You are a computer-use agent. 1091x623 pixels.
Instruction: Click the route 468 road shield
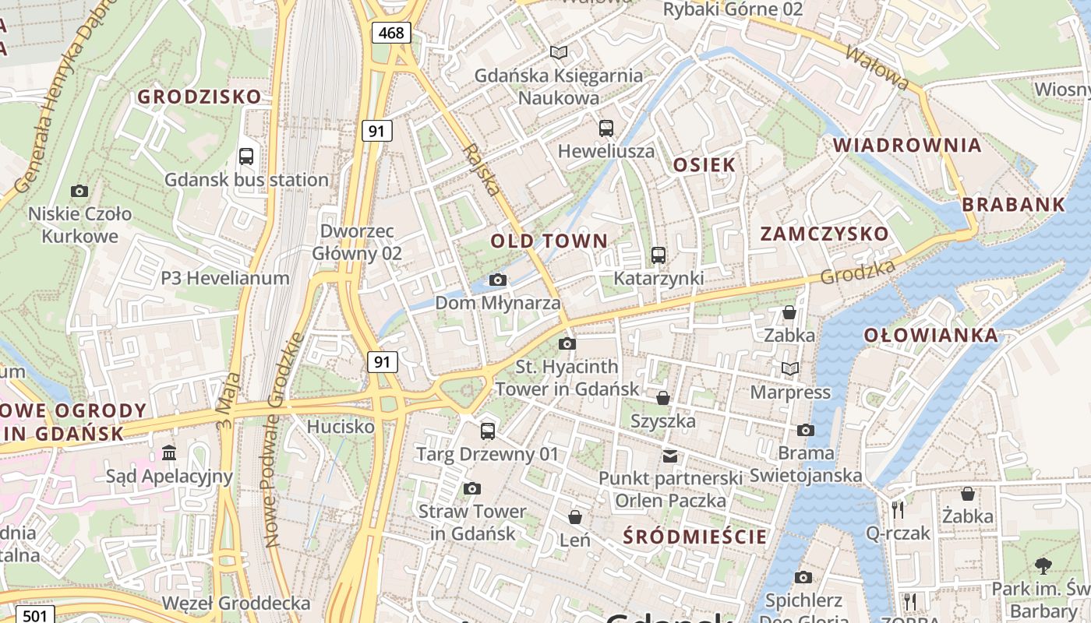(391, 32)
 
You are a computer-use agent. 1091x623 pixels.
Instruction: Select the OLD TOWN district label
(549, 241)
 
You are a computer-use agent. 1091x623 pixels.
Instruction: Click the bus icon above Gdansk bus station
(246, 156)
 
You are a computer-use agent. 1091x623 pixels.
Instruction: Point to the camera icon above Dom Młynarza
(498, 280)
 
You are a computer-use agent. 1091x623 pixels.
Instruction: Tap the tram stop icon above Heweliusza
(606, 128)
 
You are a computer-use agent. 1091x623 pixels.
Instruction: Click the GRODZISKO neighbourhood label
(199, 97)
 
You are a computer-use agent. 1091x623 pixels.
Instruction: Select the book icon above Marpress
(790, 368)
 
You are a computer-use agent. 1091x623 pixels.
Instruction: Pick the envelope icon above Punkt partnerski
(670, 456)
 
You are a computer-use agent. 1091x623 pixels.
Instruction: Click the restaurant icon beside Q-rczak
(898, 510)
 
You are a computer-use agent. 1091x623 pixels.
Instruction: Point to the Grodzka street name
(857, 272)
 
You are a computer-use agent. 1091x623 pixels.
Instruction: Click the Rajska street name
(481, 169)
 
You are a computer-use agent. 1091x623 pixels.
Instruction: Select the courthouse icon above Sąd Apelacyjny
(169, 453)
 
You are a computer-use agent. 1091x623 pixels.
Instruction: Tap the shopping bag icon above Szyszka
(663, 398)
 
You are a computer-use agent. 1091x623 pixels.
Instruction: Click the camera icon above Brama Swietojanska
(806, 430)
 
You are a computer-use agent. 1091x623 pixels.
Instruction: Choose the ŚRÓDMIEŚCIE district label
(696, 537)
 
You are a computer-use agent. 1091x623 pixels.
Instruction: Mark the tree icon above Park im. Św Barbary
(1043, 566)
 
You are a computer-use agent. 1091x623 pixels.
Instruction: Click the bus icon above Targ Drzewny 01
(488, 431)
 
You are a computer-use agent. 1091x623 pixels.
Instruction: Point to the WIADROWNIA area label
(907, 146)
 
